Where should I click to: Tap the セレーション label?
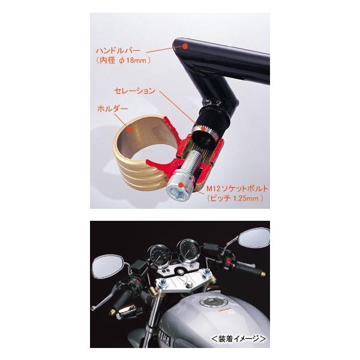pyautogui.click(x=135, y=91)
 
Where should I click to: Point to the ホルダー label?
pyautogui.click(x=113, y=109)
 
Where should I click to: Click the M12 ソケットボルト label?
pyautogui.click(x=238, y=189)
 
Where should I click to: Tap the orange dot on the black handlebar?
pyautogui.click(x=185, y=46)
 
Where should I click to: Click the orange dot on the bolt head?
pyautogui.click(x=181, y=185)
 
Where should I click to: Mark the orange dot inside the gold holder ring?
pyautogui.click(x=130, y=129)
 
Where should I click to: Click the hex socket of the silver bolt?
pyautogui.click(x=175, y=193)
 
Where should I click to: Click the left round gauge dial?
pyautogui.click(x=160, y=256)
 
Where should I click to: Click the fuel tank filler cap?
pyautogui.click(x=211, y=302)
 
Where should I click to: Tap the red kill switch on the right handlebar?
pyautogui.click(x=229, y=261)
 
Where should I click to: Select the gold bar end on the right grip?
pyautogui.click(x=263, y=274)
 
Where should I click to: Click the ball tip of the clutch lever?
pyautogui.click(x=93, y=308)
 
